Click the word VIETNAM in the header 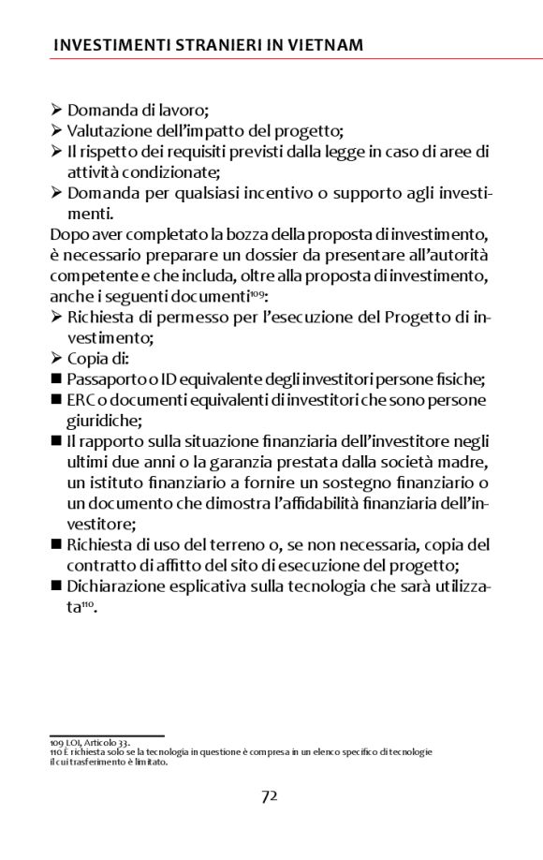324,45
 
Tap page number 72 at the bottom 270,796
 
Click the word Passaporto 106,379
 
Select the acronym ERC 80,400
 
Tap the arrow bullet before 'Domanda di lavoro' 57,111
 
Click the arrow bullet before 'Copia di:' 57,359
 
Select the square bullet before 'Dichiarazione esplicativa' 56,586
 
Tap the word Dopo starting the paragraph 68,234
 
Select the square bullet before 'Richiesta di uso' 56,545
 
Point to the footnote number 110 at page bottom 55,752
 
